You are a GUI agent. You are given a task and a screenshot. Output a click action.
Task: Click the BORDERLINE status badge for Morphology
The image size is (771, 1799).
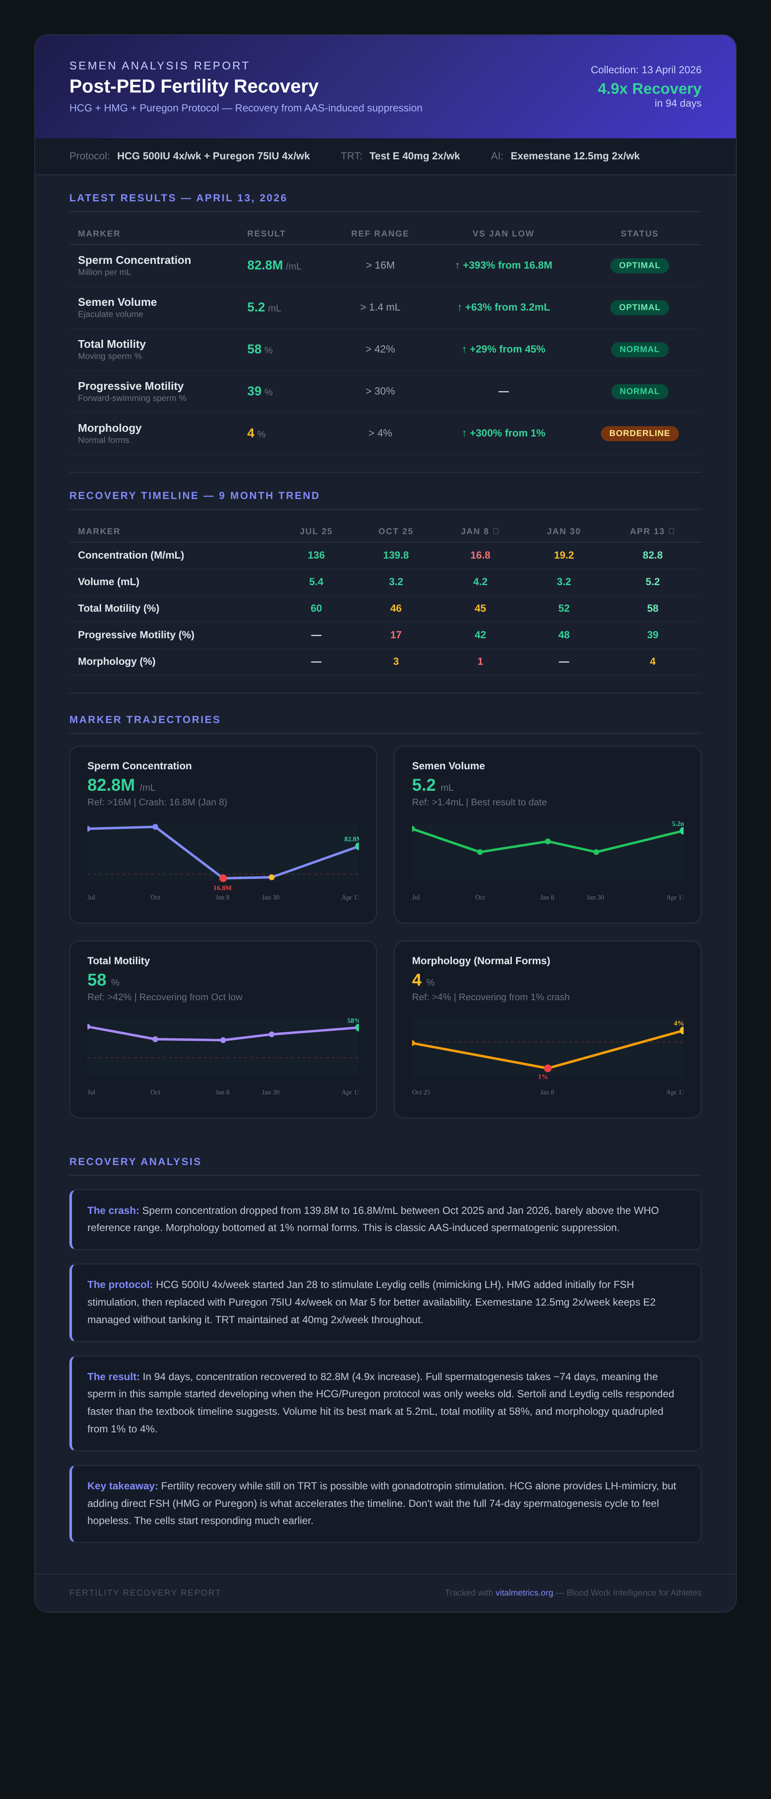[x=639, y=433]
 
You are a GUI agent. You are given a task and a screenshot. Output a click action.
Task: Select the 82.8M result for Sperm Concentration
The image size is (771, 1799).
[x=265, y=266]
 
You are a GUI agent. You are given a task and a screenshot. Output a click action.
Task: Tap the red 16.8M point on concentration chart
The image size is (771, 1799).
[x=223, y=878]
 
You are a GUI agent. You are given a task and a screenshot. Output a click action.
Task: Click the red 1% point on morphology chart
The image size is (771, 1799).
[x=547, y=1068]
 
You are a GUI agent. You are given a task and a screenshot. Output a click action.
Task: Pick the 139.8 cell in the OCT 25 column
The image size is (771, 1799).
[x=395, y=555]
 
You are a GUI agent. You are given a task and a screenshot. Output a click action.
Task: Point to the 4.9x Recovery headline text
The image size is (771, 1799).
[x=649, y=89]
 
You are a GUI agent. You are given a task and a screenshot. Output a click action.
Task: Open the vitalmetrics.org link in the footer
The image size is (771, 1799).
[x=524, y=1592]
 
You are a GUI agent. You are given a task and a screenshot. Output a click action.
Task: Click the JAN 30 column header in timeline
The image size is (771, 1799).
[x=564, y=532]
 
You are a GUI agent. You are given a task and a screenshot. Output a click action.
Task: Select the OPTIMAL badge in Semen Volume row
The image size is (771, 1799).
[x=639, y=307]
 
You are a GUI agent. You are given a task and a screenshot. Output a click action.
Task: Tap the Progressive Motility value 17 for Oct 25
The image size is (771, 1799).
[x=395, y=635]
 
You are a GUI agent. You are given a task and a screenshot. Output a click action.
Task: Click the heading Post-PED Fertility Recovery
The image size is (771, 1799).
[x=194, y=87]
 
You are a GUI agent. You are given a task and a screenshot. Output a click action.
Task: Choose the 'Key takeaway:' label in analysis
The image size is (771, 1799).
[x=122, y=1485]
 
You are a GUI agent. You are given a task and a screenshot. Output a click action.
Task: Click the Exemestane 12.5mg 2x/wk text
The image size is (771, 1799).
[x=575, y=156]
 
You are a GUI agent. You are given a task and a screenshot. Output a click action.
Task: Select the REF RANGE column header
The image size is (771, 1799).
[x=380, y=234]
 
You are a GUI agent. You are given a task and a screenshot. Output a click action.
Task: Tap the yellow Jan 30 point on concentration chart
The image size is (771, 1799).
[x=272, y=877]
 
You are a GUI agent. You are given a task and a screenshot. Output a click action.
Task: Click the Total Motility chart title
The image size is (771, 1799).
[x=118, y=961]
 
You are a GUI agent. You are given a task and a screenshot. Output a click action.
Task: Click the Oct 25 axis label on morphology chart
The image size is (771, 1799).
[x=421, y=1092]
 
